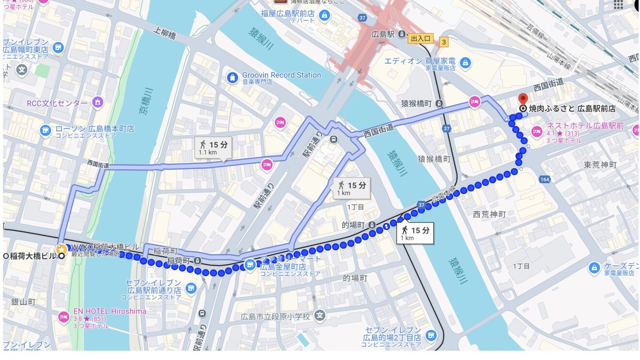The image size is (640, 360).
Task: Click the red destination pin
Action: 523,99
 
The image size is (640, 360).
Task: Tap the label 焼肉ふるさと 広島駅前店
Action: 572,109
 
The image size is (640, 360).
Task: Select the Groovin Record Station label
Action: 281,75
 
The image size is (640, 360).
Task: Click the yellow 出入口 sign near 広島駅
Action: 420,38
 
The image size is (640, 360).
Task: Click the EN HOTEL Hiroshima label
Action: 109,311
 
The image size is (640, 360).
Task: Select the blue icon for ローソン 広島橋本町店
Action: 46,130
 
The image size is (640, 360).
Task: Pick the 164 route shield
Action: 544,180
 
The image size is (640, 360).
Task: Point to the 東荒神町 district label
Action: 600,165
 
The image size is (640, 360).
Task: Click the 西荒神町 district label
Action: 489,214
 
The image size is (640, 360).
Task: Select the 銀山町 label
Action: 23,302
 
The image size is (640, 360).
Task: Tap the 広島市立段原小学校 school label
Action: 275,316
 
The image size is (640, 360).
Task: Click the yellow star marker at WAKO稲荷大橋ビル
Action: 61,249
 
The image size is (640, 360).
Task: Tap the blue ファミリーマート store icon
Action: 250,264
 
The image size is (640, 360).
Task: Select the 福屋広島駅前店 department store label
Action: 288,13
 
